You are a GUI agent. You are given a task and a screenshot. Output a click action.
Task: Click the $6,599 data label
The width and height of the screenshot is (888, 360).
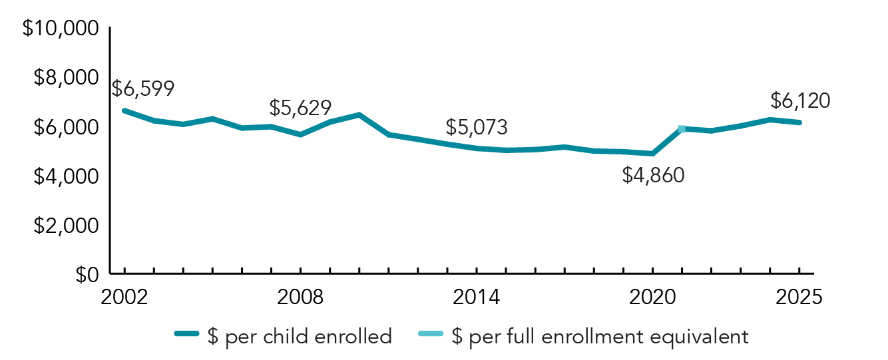[x=143, y=89]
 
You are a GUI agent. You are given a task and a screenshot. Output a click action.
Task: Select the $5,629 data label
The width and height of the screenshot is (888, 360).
[x=300, y=107]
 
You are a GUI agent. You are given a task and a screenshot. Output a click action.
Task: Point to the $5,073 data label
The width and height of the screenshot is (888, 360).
[x=477, y=126]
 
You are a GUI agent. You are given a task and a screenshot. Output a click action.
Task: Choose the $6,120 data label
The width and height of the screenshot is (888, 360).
[x=800, y=100]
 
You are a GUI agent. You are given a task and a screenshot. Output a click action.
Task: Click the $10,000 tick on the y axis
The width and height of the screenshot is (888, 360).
[x=61, y=29]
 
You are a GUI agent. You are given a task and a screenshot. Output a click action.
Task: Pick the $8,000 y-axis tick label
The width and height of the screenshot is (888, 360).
[x=67, y=78]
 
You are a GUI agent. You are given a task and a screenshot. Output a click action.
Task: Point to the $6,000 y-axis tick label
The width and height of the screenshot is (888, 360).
[x=67, y=127]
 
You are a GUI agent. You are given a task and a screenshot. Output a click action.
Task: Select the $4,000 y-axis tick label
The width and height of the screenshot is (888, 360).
[x=67, y=176]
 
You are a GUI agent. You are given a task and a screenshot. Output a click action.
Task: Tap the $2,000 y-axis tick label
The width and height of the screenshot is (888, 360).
[x=67, y=226]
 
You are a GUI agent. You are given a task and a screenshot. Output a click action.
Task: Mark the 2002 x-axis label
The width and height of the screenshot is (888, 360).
[x=124, y=297]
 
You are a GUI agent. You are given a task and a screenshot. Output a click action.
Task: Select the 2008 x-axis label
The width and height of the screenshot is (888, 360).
[x=301, y=297]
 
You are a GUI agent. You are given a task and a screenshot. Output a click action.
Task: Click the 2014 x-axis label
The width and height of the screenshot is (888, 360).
[x=477, y=297]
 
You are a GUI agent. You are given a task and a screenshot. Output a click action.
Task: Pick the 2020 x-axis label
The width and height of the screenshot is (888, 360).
[x=653, y=297]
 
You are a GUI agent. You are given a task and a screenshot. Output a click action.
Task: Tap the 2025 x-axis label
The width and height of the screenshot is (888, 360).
[x=799, y=297]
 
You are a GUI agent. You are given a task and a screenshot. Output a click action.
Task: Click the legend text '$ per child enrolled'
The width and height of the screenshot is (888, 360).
[x=300, y=336]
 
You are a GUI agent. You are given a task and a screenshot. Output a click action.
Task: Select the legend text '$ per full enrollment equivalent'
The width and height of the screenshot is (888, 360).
[x=599, y=336]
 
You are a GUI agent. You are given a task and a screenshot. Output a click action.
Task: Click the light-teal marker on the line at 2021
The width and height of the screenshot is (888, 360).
[x=682, y=128]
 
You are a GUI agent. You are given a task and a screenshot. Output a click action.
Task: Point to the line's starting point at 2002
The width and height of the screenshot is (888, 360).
[x=124, y=110]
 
